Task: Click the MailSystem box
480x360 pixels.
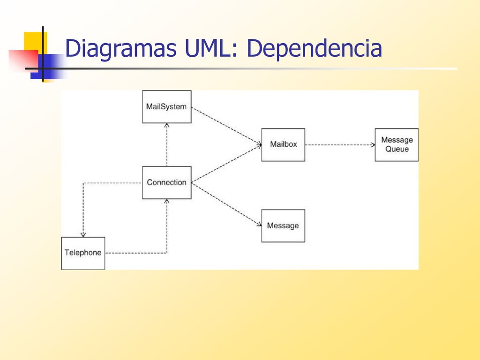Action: [x=167, y=107]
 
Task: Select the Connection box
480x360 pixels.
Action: [x=167, y=183]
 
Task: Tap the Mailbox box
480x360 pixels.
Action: [x=283, y=145]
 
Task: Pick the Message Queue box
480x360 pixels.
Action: [x=397, y=145]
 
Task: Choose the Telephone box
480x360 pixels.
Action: [x=83, y=253]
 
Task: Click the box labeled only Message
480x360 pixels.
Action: [x=283, y=226]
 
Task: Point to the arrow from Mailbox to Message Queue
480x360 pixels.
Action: [x=340, y=145]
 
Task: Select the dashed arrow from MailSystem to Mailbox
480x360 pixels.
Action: [x=226, y=126]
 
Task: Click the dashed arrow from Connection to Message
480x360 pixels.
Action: [x=226, y=204]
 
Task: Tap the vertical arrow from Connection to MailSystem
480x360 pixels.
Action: [x=167, y=145]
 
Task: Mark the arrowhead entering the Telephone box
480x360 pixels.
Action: [x=83, y=235]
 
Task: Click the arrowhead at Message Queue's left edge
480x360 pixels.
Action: [x=373, y=145]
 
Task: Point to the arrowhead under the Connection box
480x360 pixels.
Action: [x=167, y=201]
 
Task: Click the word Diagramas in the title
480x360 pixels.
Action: [x=121, y=49]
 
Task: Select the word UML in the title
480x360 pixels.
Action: [x=211, y=48]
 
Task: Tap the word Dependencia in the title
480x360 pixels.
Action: [x=315, y=48]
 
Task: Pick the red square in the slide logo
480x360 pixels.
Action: [x=23, y=61]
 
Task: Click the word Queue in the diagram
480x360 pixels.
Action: [x=397, y=150]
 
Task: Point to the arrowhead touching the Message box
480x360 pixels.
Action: [x=259, y=225]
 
